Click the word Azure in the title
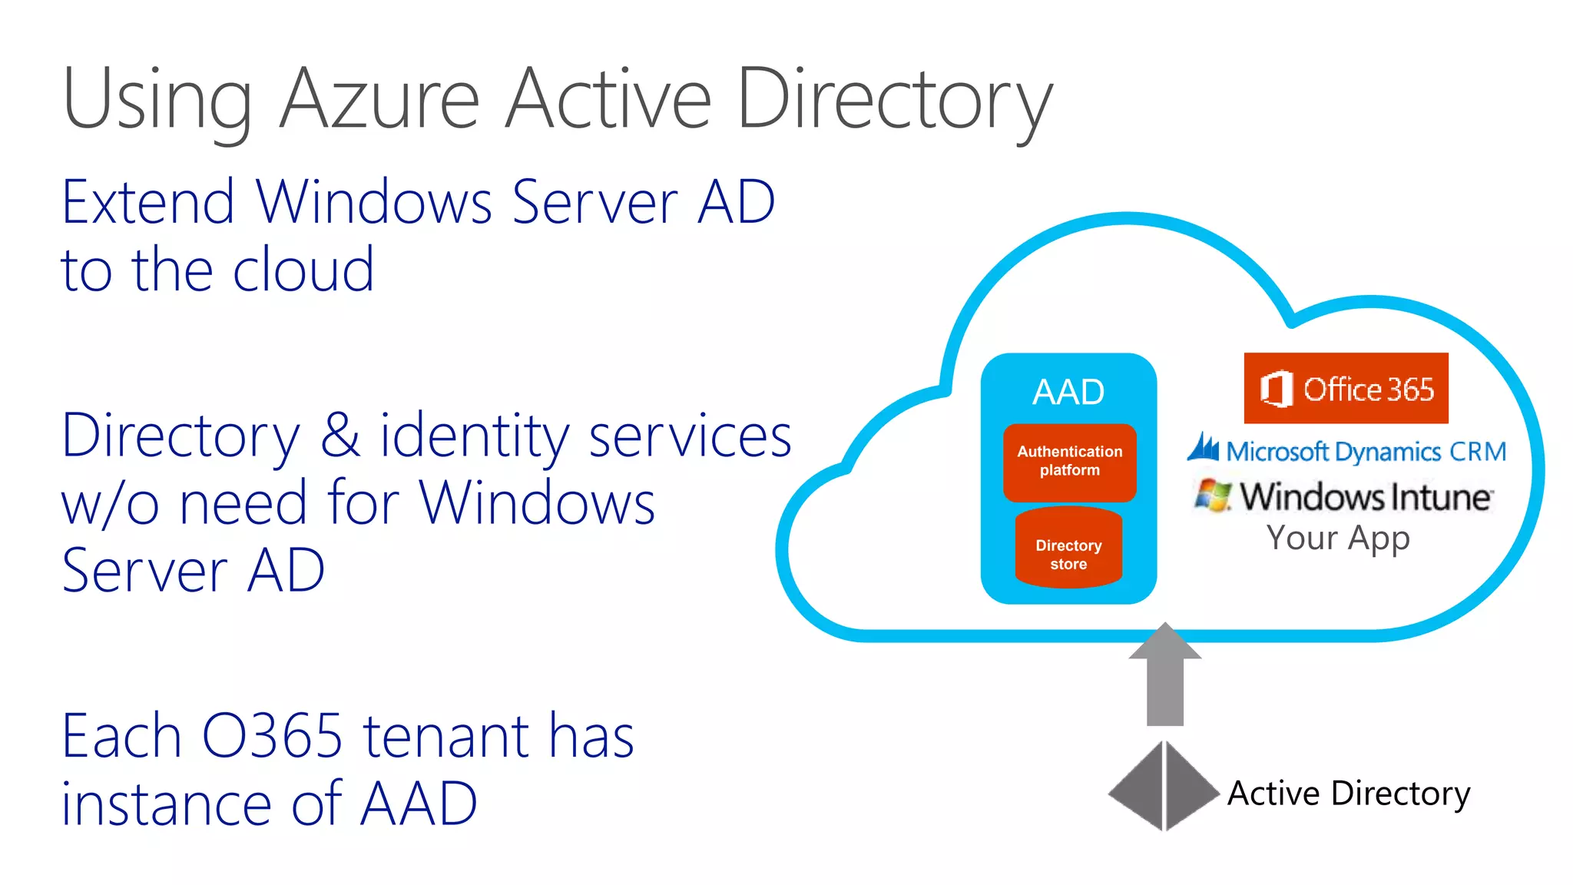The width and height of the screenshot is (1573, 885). click(x=379, y=100)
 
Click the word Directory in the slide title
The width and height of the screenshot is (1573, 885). click(x=894, y=100)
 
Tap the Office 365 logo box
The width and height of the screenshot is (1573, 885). click(x=1346, y=388)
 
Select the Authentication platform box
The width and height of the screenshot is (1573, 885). click(x=1069, y=462)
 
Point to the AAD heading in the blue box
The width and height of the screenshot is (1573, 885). click(x=1068, y=393)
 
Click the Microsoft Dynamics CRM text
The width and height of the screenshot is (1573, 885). click(x=1366, y=452)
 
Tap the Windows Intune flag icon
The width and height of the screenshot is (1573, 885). click(x=1212, y=496)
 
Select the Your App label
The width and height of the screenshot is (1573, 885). click(x=1338, y=538)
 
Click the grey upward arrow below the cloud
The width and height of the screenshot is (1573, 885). click(x=1164, y=676)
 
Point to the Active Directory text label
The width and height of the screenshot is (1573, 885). click(x=1349, y=793)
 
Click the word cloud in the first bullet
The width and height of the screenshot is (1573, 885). click(x=303, y=270)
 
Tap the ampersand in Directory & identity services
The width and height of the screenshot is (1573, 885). click(x=339, y=436)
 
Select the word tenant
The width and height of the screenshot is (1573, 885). click(x=445, y=736)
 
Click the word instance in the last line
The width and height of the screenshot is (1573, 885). click(x=166, y=804)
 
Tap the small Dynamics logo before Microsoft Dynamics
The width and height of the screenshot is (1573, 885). click(x=1203, y=448)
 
